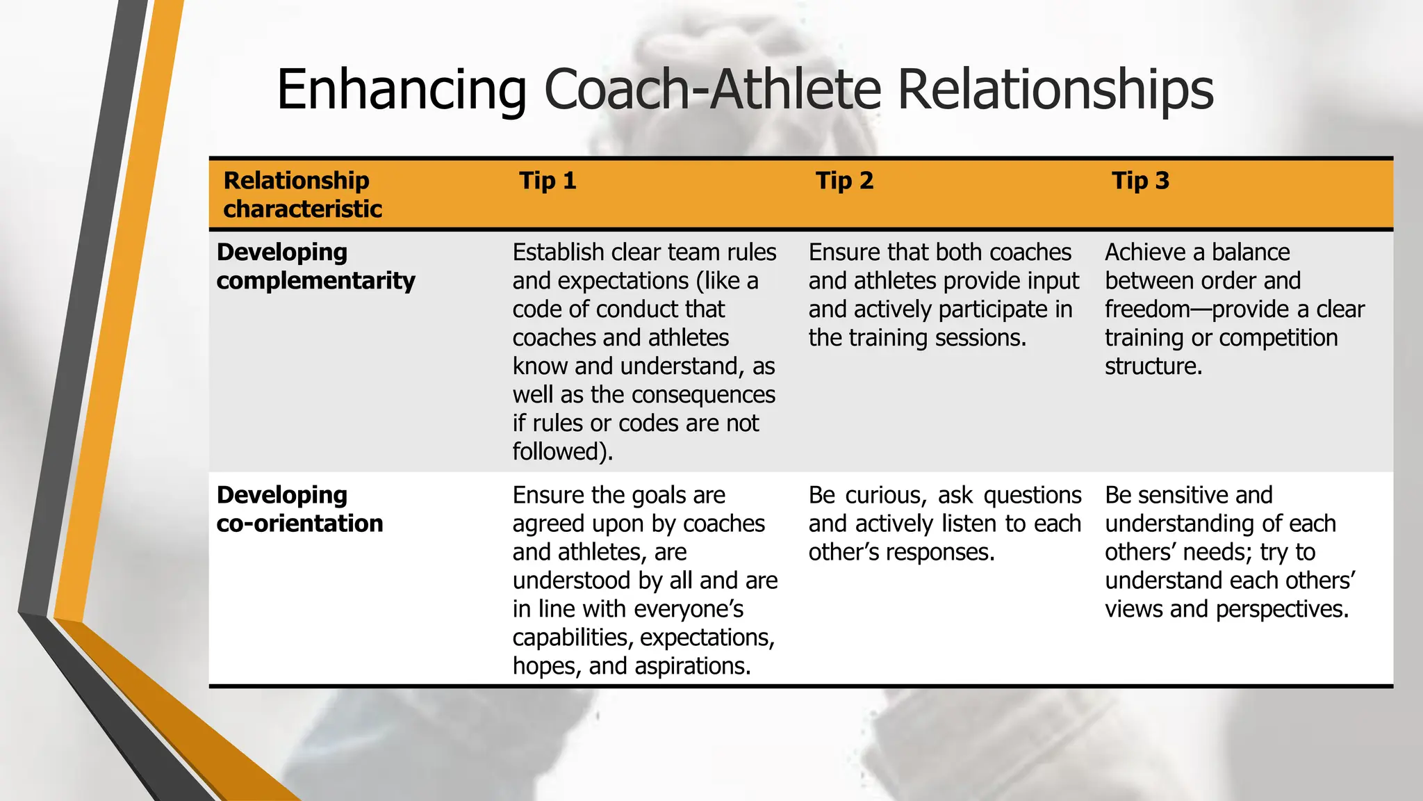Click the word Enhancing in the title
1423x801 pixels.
402,90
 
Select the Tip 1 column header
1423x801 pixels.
548,181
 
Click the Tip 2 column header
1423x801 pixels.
844,181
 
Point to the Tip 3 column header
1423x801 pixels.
1140,181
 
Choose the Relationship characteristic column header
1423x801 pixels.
302,195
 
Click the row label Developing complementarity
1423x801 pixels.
315,266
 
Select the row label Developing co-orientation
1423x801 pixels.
299,509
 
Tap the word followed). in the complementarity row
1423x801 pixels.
563,452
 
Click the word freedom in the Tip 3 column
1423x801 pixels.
1147,309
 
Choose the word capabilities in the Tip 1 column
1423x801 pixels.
573,638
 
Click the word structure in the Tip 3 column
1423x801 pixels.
1152,366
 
